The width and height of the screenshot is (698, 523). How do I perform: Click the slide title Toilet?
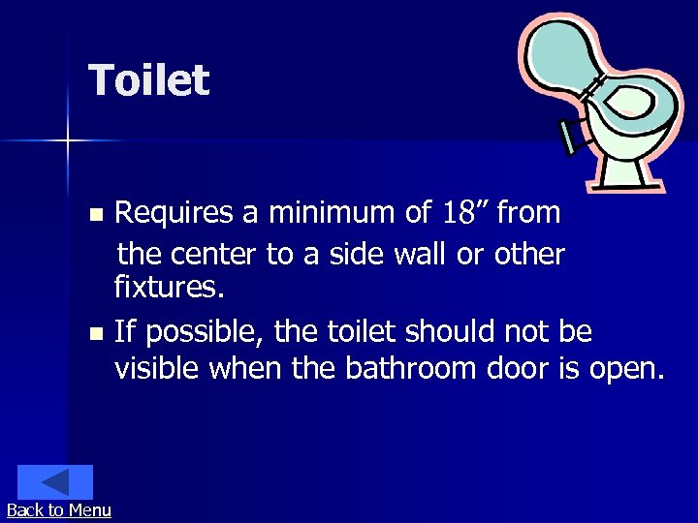[x=148, y=80]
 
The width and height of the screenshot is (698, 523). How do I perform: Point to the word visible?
[x=157, y=368]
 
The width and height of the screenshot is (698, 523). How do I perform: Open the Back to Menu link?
[x=58, y=510]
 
